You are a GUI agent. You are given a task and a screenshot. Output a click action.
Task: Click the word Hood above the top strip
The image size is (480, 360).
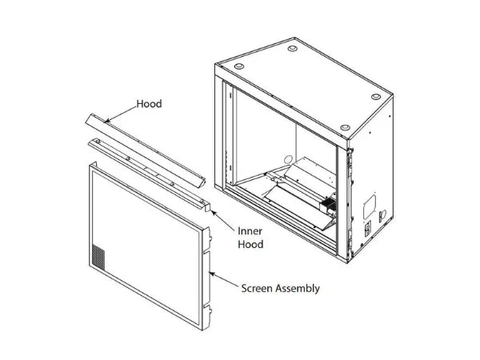(x=149, y=104)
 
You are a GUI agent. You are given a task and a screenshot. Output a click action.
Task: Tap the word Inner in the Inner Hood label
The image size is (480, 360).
(x=250, y=231)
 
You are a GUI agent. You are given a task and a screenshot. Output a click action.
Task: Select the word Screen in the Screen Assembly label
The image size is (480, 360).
(x=257, y=288)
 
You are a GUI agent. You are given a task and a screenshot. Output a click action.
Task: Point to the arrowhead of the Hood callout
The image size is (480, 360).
(x=106, y=122)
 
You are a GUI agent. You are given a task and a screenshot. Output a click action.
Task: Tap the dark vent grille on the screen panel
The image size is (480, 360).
(x=98, y=258)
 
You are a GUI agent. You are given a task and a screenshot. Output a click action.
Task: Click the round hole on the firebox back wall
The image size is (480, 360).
(x=288, y=159)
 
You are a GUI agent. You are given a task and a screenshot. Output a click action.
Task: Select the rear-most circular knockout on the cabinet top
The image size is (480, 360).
(x=292, y=48)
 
